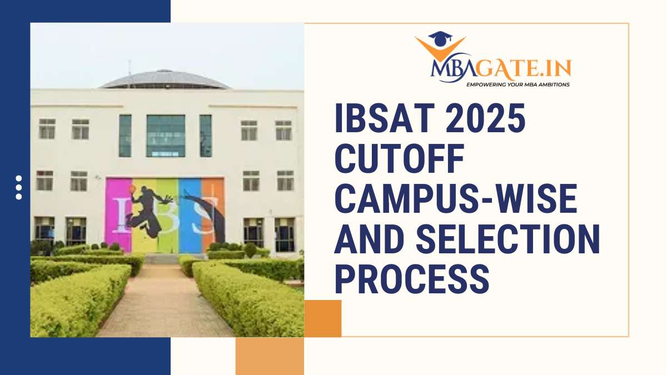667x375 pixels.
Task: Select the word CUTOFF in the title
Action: (x=400, y=159)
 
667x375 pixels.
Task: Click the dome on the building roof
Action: (x=165, y=79)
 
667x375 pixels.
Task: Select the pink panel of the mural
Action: (x=116, y=214)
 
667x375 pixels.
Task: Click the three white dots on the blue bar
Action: (x=19, y=187)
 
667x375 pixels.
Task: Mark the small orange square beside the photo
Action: (x=323, y=318)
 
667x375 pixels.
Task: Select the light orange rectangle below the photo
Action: (x=270, y=356)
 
